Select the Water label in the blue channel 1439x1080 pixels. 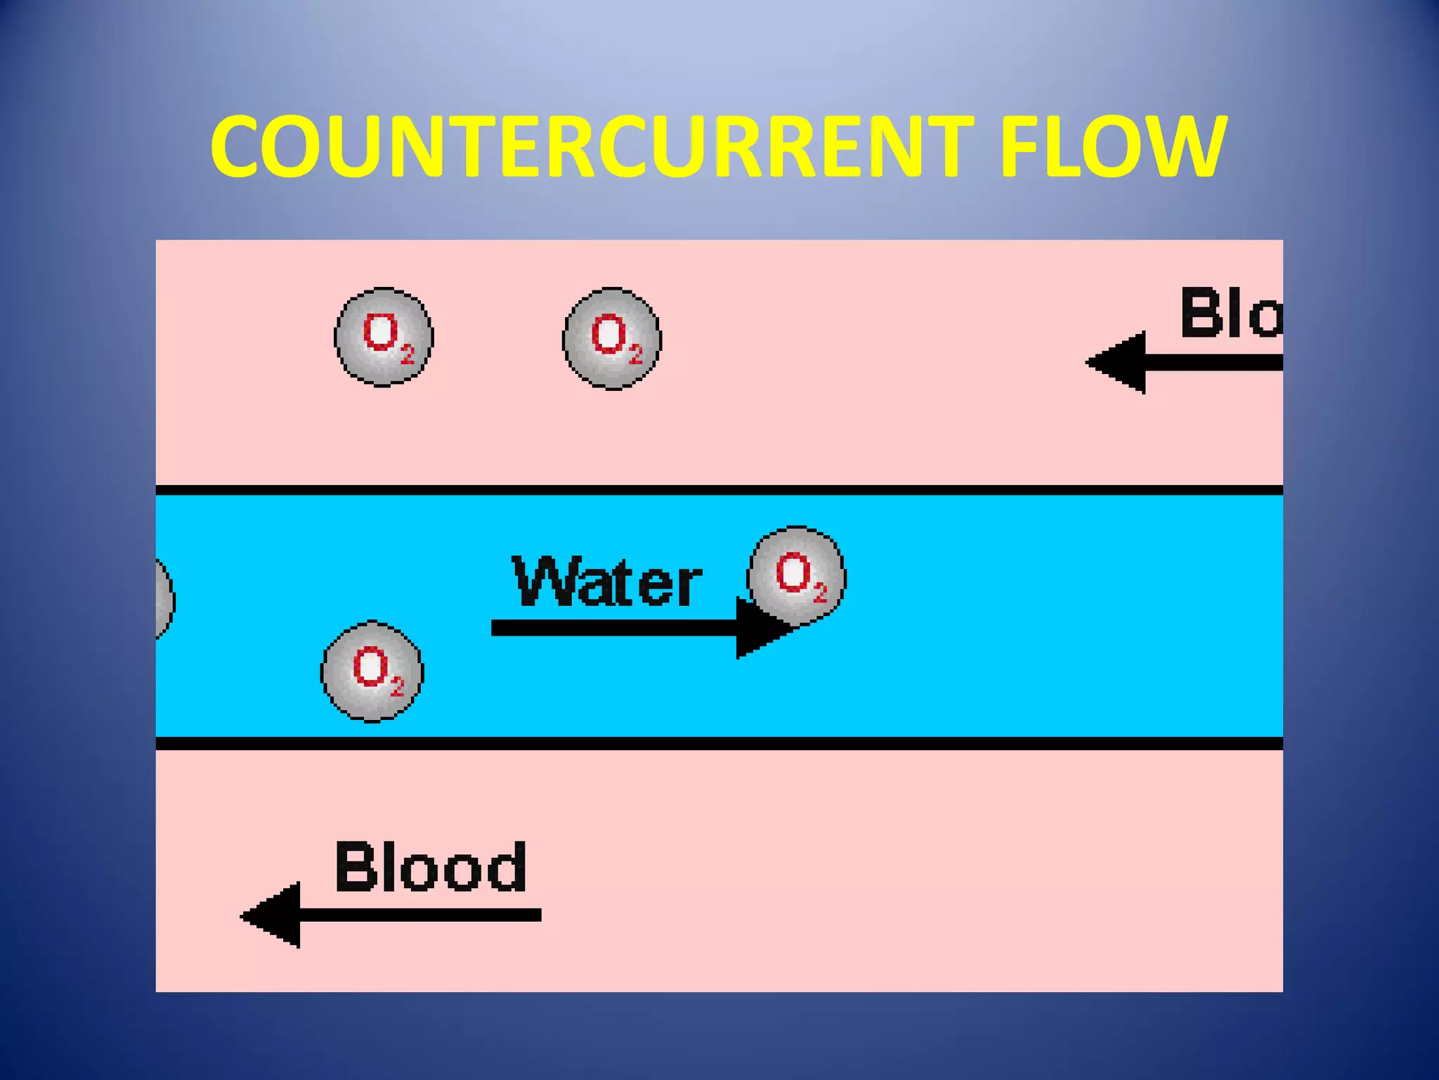tap(607, 582)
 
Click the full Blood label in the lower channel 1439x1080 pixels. tap(430, 866)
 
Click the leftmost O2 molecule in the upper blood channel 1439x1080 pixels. tap(384, 337)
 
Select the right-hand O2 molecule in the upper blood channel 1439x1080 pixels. tap(612, 338)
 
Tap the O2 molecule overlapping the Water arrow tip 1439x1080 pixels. tap(797, 575)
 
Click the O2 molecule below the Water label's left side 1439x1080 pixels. tap(372, 671)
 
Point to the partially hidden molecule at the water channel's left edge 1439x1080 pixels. tap(164, 600)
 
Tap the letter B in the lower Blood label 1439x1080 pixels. tap(356, 866)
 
